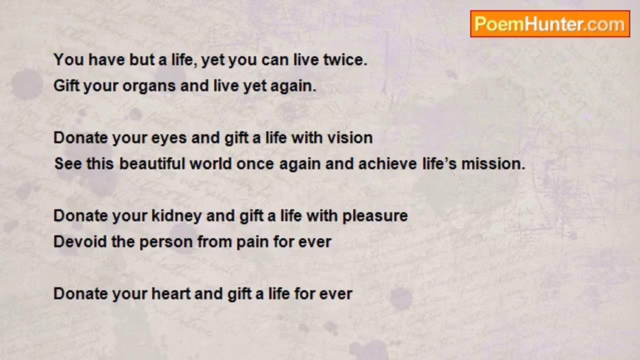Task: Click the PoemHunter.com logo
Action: (550, 23)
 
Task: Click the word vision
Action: (350, 138)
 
